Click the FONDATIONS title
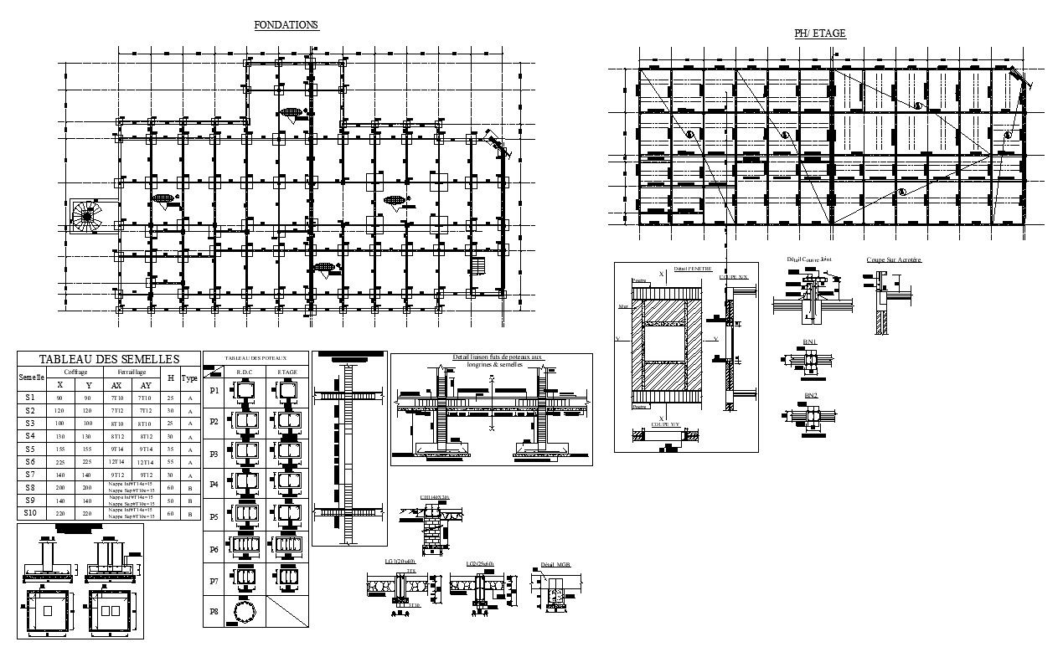(x=286, y=25)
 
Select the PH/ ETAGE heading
(x=819, y=33)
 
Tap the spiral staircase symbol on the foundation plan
(x=85, y=216)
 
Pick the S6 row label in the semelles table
(x=30, y=461)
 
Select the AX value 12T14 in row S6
(x=116, y=462)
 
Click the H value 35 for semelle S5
(x=170, y=449)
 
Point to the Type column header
(x=190, y=378)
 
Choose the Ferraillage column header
(x=132, y=372)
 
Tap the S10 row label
(x=30, y=513)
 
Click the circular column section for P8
(x=245, y=612)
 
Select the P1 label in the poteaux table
(x=214, y=391)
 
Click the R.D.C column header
(x=245, y=371)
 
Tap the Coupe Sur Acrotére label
(x=893, y=260)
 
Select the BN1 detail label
(x=810, y=342)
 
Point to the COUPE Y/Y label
(x=665, y=424)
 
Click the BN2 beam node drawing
(x=811, y=416)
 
